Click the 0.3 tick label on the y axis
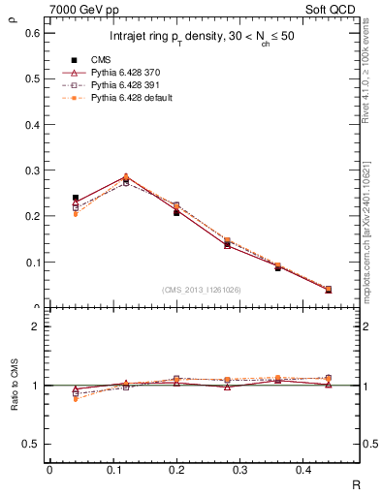[x=33, y=170]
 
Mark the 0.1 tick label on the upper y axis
[x=33, y=262]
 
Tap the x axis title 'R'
[x=357, y=484]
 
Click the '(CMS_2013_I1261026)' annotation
[x=203, y=290]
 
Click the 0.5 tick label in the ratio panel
[x=33, y=444]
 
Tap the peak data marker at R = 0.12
[x=125, y=178]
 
